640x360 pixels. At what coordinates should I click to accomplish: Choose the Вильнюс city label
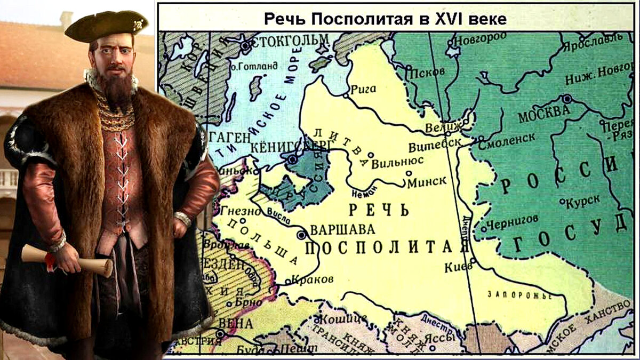click(397, 161)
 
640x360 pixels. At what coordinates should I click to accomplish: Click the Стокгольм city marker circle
click(245, 46)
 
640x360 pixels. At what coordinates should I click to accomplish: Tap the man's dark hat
click(107, 26)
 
